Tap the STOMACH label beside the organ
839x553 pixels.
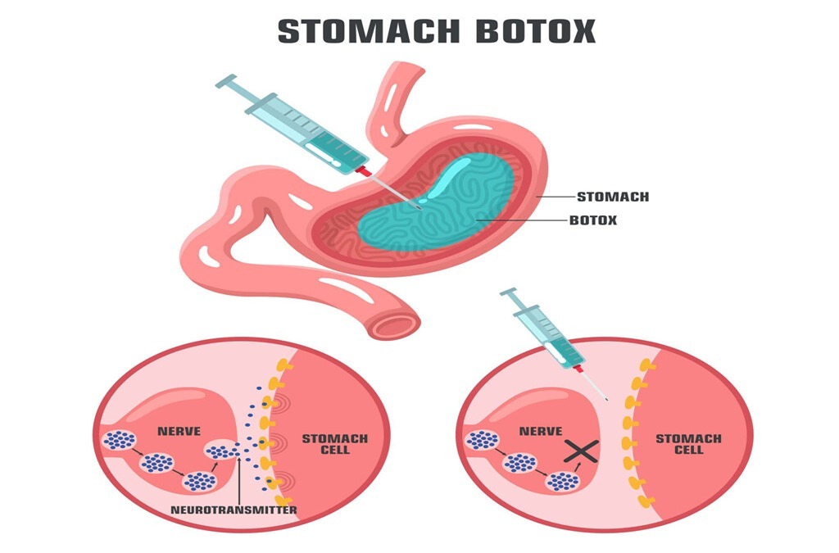point(613,197)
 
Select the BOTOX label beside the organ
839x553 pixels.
point(593,220)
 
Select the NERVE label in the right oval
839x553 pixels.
point(541,430)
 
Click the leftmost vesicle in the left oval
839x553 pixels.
point(120,441)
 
